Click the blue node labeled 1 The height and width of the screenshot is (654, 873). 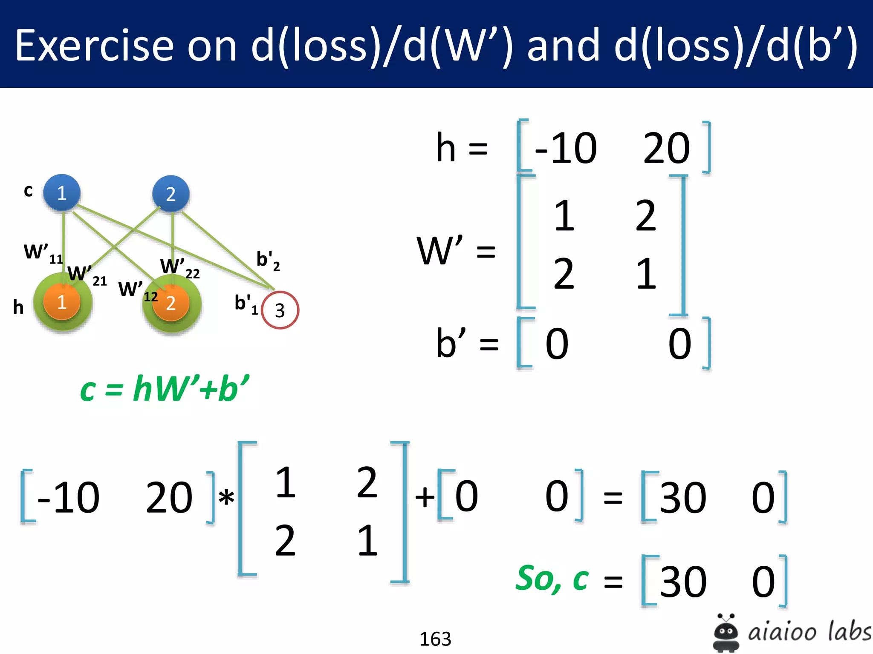pyautogui.click(x=62, y=193)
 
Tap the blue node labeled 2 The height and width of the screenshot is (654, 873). pyautogui.click(x=171, y=194)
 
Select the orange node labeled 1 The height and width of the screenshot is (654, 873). pyautogui.click(x=62, y=302)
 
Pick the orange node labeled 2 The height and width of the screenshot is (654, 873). pyautogui.click(x=171, y=303)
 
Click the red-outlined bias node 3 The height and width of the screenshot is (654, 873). pyautogui.click(x=280, y=310)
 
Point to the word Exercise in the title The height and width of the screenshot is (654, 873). pyautogui.click(x=94, y=46)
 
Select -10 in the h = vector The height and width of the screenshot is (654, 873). pyautogui.click(x=566, y=148)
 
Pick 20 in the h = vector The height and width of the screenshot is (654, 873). pyautogui.click(x=666, y=148)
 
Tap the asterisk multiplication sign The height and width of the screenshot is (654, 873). pyautogui.click(x=226, y=497)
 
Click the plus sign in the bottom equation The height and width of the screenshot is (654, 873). pyautogui.click(x=425, y=497)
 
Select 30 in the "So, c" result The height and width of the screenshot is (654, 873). pyautogui.click(x=683, y=582)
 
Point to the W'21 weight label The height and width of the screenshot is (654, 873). pyautogui.click(x=87, y=275)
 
